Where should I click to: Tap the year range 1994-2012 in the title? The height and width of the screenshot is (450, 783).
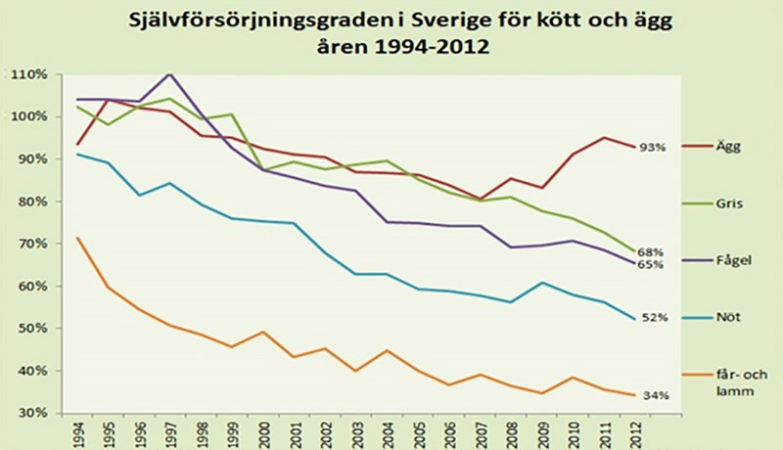445,47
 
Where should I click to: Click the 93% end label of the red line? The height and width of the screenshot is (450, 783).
655,148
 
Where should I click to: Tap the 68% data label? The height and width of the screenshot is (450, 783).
655,252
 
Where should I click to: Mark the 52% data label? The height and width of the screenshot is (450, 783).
655,318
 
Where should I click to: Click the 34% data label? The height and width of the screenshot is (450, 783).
655,396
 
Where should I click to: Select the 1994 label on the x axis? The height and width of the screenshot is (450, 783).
77,432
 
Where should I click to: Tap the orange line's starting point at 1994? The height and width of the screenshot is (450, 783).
77,237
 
